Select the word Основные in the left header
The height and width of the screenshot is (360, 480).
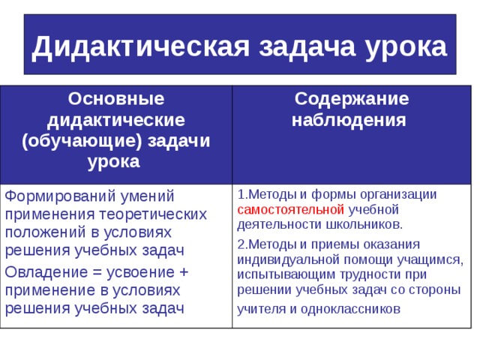tap(116, 98)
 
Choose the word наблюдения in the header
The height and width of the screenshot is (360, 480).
tap(349, 119)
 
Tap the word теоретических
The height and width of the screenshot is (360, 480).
tap(146, 214)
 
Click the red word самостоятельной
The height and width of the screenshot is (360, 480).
tap(290, 209)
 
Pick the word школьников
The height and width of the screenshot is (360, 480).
tap(367, 223)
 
